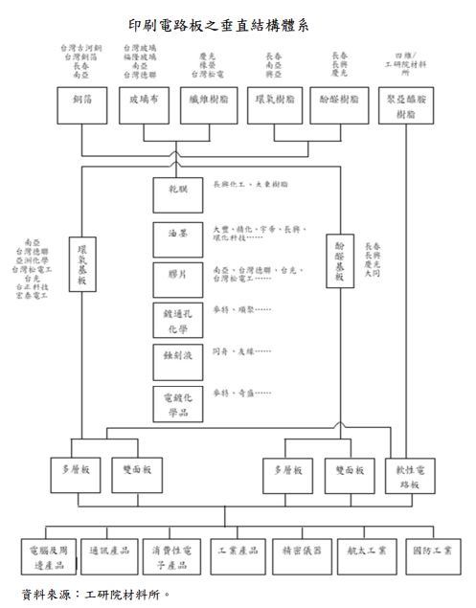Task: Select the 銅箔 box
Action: (x=81, y=100)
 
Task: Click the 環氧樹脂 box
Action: (x=275, y=100)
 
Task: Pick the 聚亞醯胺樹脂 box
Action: (x=406, y=106)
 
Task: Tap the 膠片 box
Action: (x=177, y=279)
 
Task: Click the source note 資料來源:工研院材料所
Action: (x=96, y=595)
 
